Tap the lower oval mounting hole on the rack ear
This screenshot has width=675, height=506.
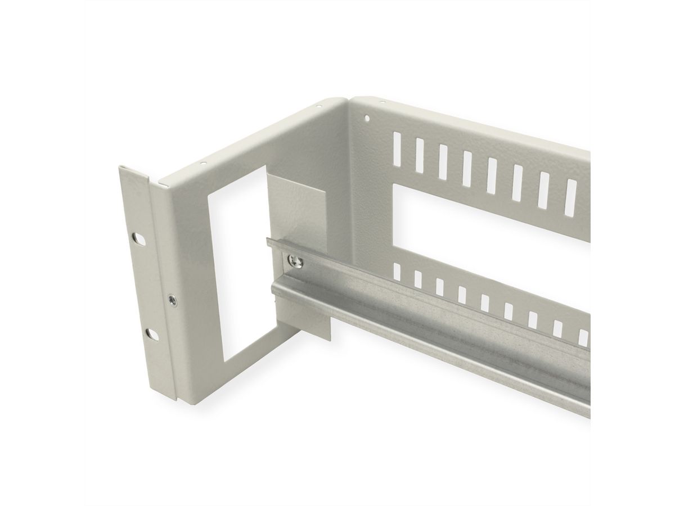pyautogui.click(x=150, y=333)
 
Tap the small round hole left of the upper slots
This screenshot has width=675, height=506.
pyautogui.click(x=368, y=119)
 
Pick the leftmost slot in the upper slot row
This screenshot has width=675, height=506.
pyautogui.click(x=397, y=147)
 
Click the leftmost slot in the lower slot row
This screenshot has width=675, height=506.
pyautogui.click(x=397, y=273)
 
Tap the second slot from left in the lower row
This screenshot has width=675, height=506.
pyautogui.click(x=418, y=279)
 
